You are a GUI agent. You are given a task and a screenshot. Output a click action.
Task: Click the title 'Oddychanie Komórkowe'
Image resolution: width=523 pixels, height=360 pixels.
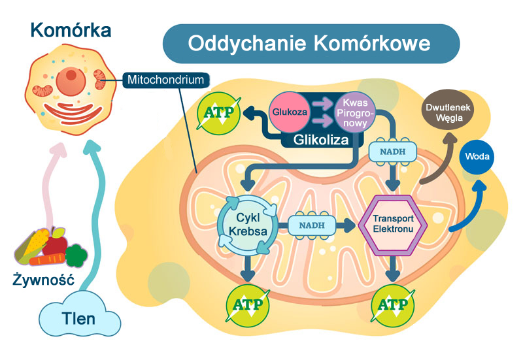[310, 44]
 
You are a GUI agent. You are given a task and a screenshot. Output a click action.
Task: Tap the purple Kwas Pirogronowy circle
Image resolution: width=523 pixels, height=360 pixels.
[354, 112]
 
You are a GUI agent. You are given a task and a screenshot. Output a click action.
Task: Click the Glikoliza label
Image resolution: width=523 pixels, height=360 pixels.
[319, 140]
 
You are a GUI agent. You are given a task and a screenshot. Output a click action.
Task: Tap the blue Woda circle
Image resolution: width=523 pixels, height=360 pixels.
[477, 157]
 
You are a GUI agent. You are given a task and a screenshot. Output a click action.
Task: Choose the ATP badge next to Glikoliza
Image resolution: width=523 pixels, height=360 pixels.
[220, 114]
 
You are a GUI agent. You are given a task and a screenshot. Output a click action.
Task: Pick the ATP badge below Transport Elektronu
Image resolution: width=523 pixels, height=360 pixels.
[391, 304]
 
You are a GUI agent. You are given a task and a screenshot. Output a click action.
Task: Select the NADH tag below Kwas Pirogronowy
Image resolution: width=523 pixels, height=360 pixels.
[391, 152]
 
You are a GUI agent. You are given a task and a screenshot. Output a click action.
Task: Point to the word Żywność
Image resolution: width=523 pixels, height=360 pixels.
[43, 281]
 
